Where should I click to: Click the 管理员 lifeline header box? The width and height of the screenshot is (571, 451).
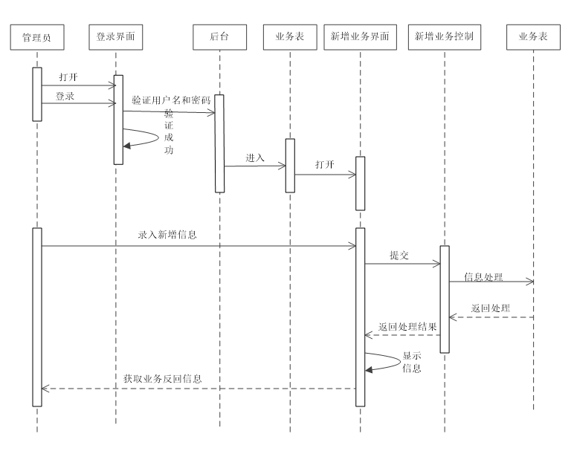point(36,37)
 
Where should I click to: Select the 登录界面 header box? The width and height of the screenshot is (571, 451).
point(115,37)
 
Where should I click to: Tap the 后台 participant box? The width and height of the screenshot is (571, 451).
point(219,37)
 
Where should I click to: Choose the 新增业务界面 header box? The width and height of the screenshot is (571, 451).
point(360,37)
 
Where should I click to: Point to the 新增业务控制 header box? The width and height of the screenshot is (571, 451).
point(444,37)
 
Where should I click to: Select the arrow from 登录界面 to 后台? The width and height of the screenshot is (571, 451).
point(168,112)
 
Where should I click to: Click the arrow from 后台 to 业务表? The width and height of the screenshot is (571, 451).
point(254,166)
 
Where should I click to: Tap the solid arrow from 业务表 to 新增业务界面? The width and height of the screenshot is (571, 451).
point(325,175)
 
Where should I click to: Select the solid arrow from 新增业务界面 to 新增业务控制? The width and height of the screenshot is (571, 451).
point(402,264)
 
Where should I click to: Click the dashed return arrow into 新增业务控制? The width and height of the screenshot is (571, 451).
point(491,317)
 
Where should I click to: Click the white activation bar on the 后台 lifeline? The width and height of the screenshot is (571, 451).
point(219,143)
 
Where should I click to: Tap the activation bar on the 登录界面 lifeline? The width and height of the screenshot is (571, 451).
point(118,119)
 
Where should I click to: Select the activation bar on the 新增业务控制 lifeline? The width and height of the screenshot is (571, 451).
point(445,299)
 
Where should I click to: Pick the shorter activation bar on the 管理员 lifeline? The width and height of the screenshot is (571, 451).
point(37,94)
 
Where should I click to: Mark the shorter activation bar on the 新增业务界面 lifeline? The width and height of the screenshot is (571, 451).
point(361,183)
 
